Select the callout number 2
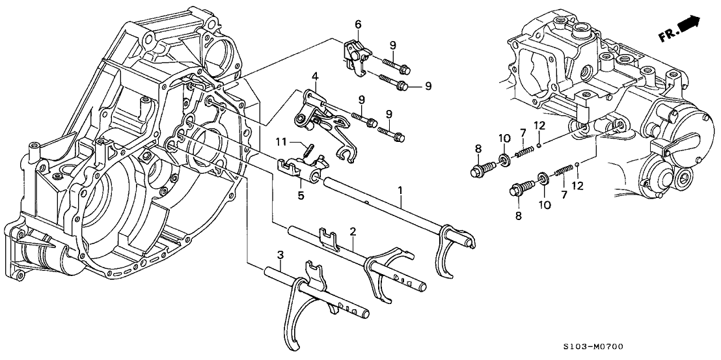pyautogui.click(x=352, y=231)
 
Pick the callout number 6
pyautogui.click(x=357, y=25)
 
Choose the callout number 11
pyautogui.click(x=281, y=141)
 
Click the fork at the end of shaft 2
pyautogui.click(x=384, y=272)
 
